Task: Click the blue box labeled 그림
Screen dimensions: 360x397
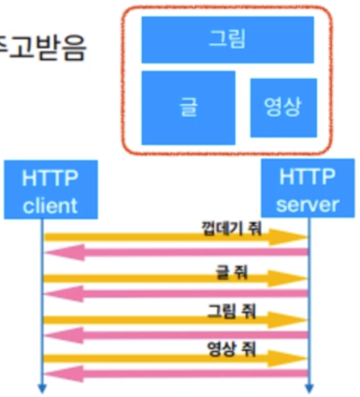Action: click(227, 40)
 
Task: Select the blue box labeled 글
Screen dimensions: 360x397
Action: click(188, 108)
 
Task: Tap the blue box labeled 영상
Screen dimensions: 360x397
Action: click(283, 108)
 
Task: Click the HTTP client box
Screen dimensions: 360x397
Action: click(51, 189)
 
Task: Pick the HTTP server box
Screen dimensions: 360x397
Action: click(308, 189)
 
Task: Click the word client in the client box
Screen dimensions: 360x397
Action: click(51, 205)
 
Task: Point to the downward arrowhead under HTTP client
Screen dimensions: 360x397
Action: click(42, 388)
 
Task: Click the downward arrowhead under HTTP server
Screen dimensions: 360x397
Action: click(308, 388)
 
